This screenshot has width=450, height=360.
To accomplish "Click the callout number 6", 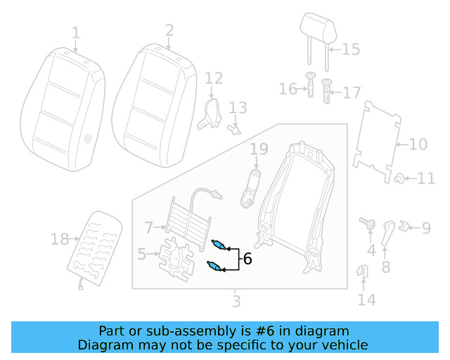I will pos(247,259).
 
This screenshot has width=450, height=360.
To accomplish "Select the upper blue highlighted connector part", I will pos(219,245).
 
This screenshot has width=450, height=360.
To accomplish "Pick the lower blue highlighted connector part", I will pos(215,266).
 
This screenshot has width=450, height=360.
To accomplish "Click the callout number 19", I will pos(259,149).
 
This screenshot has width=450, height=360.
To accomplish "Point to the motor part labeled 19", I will pos(250,188).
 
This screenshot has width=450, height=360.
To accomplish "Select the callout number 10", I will pos(418,145).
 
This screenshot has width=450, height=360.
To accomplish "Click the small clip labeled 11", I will pos(398,178).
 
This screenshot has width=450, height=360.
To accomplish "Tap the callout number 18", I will pos(60,240).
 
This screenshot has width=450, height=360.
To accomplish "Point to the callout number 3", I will pos(236,302).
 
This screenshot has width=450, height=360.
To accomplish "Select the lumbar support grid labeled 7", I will pos(188,219).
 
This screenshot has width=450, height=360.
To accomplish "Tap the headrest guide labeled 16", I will pos(310,86).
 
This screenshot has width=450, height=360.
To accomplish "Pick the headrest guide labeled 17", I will pos(327,91).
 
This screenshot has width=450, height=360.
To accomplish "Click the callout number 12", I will pos(214,78).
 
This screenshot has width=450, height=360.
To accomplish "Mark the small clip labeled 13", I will pos(235,129).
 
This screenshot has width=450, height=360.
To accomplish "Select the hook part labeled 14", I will pos(364,271).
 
